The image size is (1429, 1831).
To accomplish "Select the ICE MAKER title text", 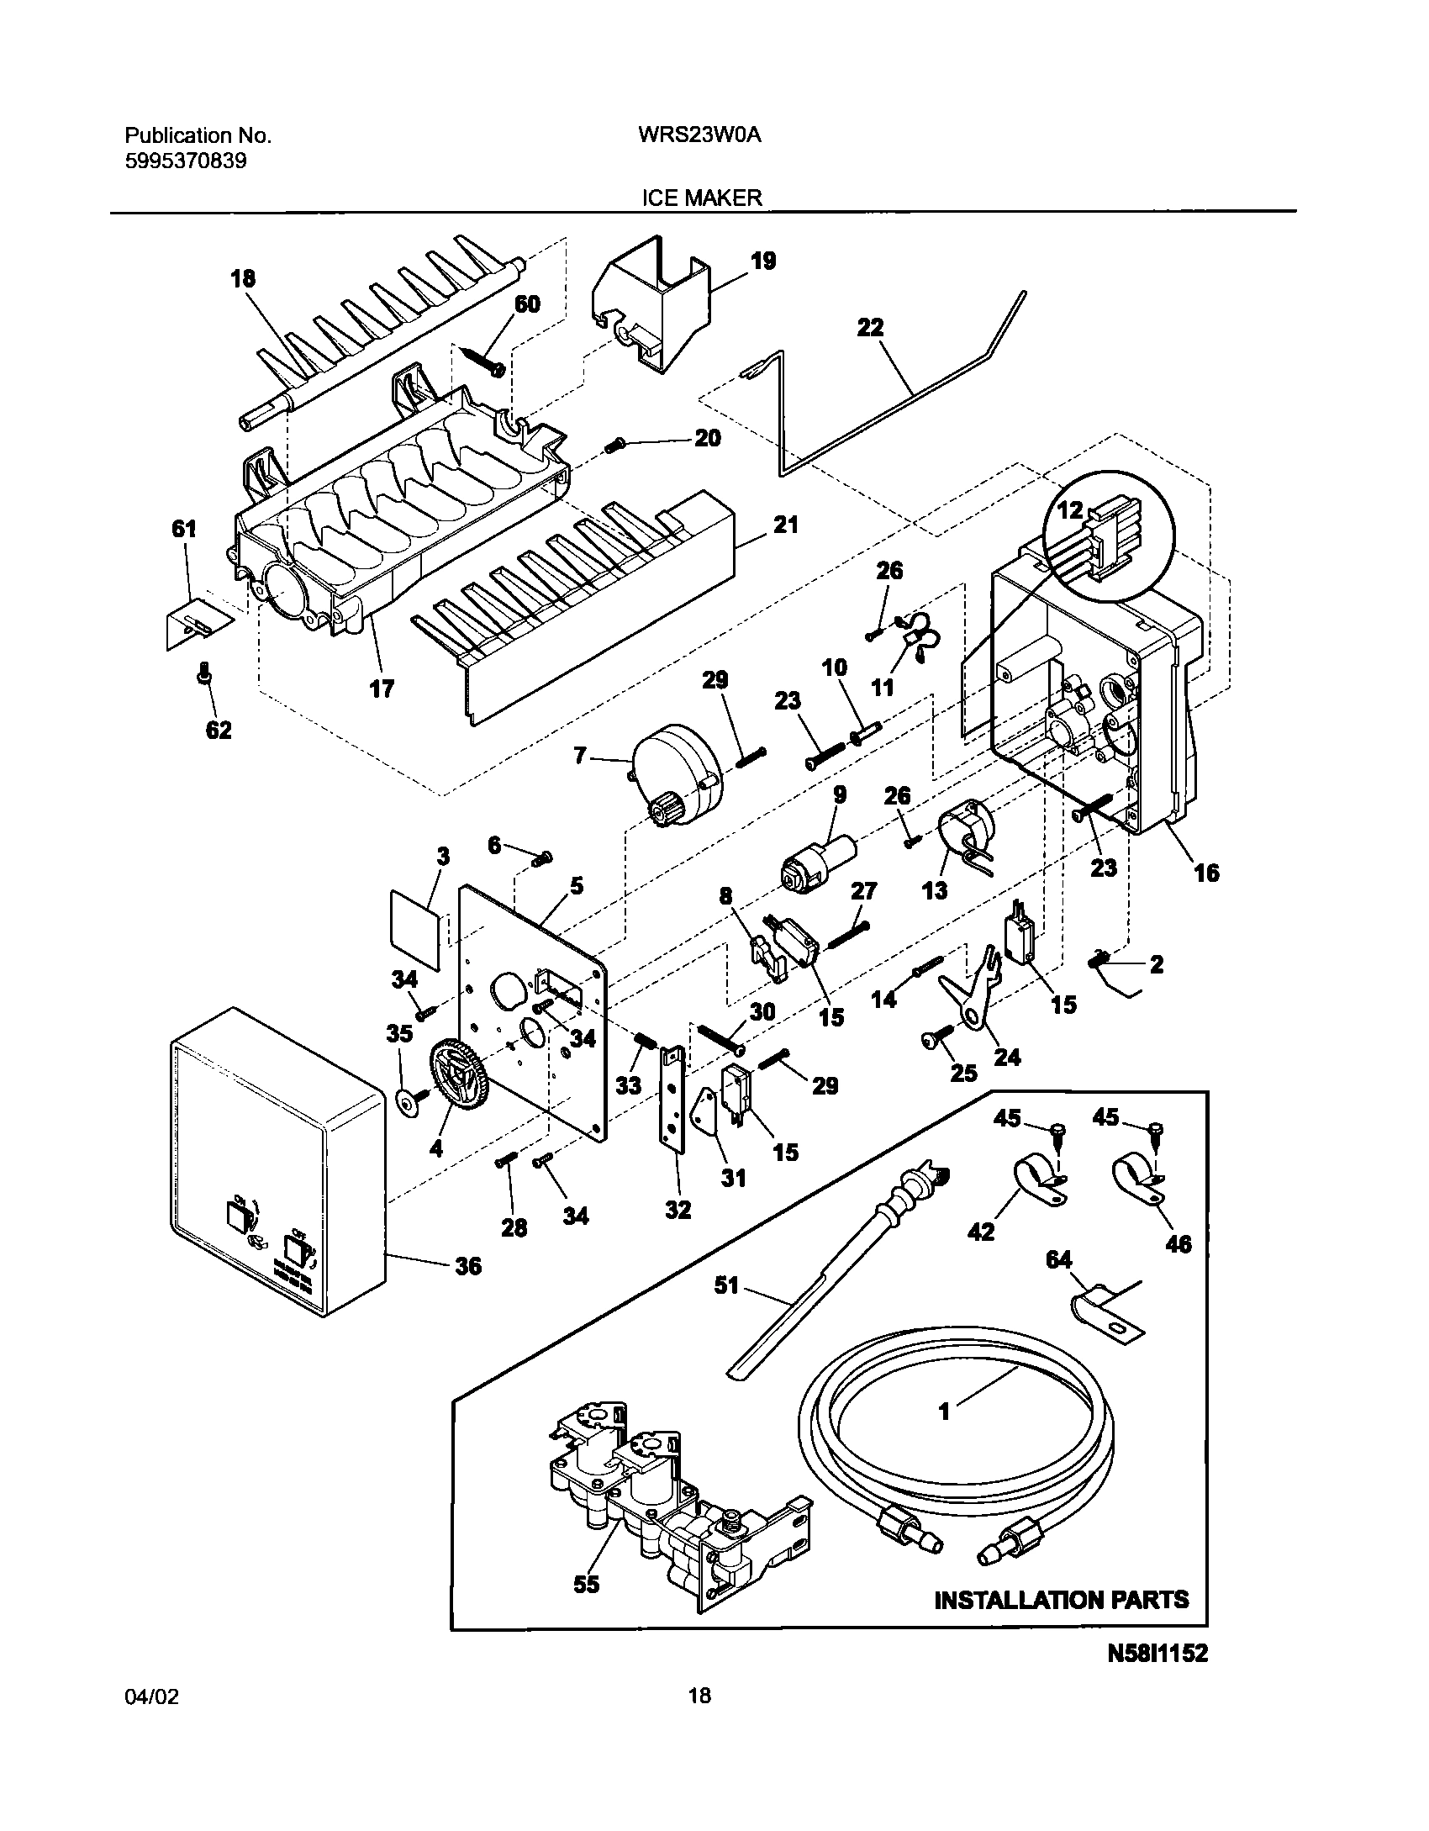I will pos(702,198).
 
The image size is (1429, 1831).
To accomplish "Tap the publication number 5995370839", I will pos(186,161).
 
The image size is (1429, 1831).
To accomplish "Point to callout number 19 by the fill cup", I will pos(762,261).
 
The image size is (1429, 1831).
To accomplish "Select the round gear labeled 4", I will pos(458,1078).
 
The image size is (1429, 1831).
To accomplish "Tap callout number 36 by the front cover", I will pos(468,1266).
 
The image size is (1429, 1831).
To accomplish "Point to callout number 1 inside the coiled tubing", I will pos(944,1412).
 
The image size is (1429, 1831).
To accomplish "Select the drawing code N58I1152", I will pos(1157,1654).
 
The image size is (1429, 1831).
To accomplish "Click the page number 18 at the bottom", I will pos(699,1719).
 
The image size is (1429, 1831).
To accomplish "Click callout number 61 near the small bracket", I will pos(183,529).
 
